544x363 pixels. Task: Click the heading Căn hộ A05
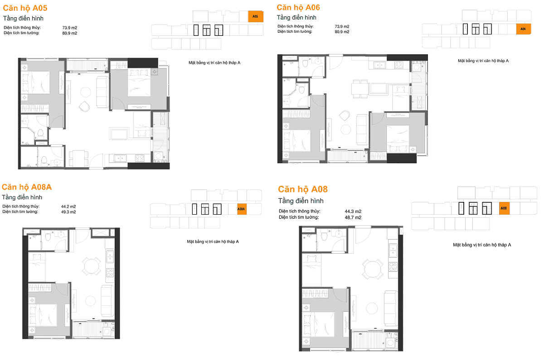click(25, 8)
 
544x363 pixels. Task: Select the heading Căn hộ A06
click(298, 8)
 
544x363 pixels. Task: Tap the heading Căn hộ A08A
click(27, 187)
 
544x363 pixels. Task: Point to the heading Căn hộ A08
click(303, 189)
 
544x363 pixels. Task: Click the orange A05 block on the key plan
click(256, 16)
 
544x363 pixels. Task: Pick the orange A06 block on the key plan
click(523, 29)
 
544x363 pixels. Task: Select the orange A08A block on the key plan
click(242, 209)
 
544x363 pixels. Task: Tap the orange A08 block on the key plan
click(504, 208)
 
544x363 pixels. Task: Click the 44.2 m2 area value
click(68, 206)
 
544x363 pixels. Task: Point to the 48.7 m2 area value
click(353, 217)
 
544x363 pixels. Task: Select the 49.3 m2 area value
click(68, 212)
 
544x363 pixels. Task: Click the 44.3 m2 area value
click(353, 211)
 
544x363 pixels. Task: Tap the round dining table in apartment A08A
click(91, 266)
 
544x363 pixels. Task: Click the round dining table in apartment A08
click(373, 269)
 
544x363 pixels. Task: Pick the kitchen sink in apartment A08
click(393, 250)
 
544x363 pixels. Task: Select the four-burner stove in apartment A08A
click(110, 273)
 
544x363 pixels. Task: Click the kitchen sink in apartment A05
click(120, 158)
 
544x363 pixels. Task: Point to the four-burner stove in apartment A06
click(399, 65)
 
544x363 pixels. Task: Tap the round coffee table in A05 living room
click(86, 92)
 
